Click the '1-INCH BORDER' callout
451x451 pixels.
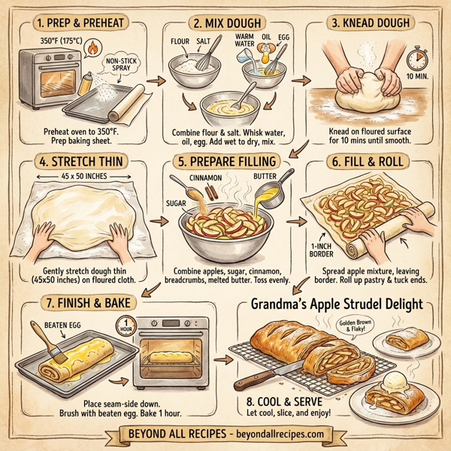pos(322,250)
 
